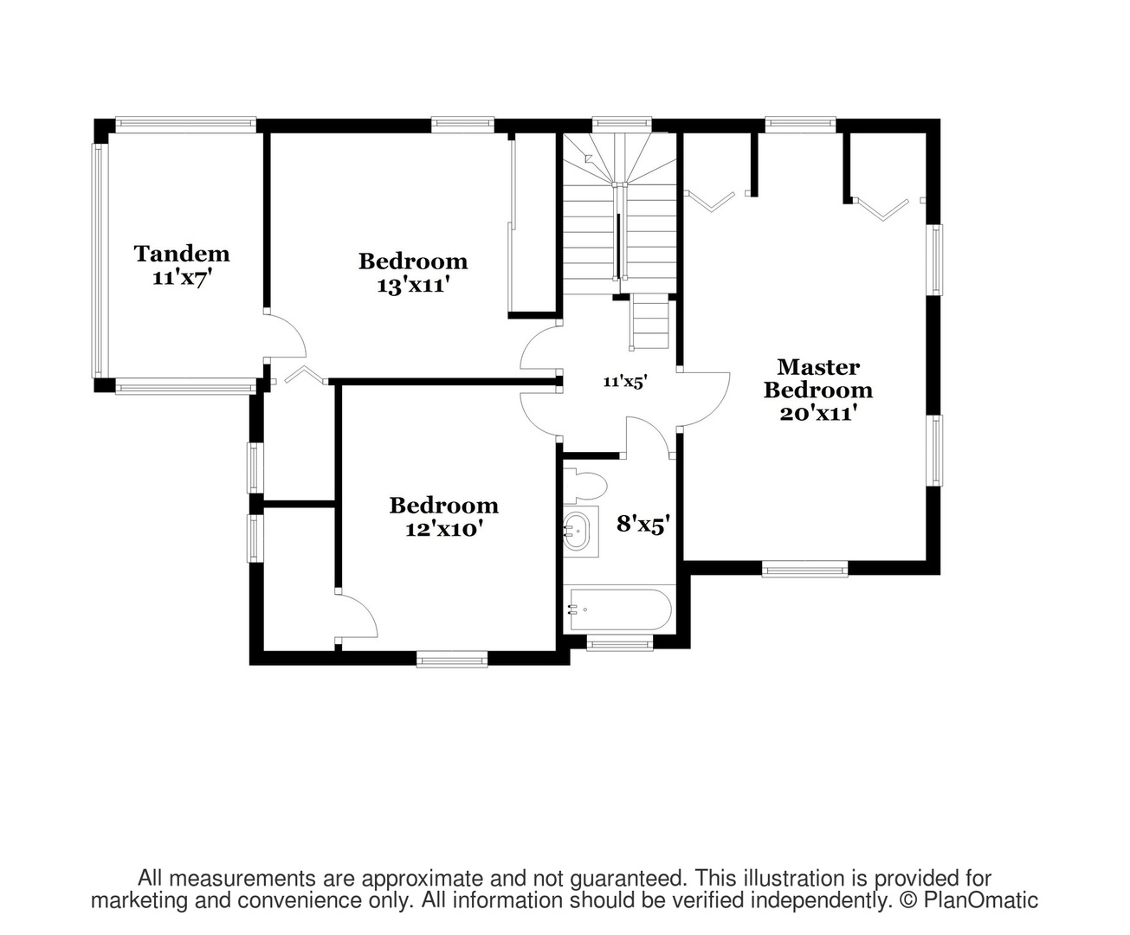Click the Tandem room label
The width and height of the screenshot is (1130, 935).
pyautogui.click(x=182, y=254)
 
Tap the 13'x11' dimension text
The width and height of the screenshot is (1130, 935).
pyautogui.click(x=414, y=286)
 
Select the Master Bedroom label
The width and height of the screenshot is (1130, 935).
pyautogui.click(x=818, y=379)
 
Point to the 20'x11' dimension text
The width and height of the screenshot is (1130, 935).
pyautogui.click(x=818, y=414)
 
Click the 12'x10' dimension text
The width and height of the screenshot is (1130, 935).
pyautogui.click(x=443, y=529)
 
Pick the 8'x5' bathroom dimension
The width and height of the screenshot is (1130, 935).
pyautogui.click(x=643, y=525)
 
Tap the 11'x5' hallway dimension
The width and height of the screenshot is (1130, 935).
pyautogui.click(x=625, y=382)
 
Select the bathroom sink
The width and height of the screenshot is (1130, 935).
pyautogui.click(x=577, y=531)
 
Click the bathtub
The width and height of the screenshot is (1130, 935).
pyautogui.click(x=620, y=609)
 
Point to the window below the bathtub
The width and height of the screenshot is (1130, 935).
pyautogui.click(x=620, y=644)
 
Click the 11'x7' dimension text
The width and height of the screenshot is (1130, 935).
pyautogui.click(x=181, y=278)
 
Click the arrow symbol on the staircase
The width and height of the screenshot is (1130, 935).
pyautogui.click(x=589, y=158)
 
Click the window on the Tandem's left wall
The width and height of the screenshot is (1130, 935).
pyautogui.click(x=98, y=261)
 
